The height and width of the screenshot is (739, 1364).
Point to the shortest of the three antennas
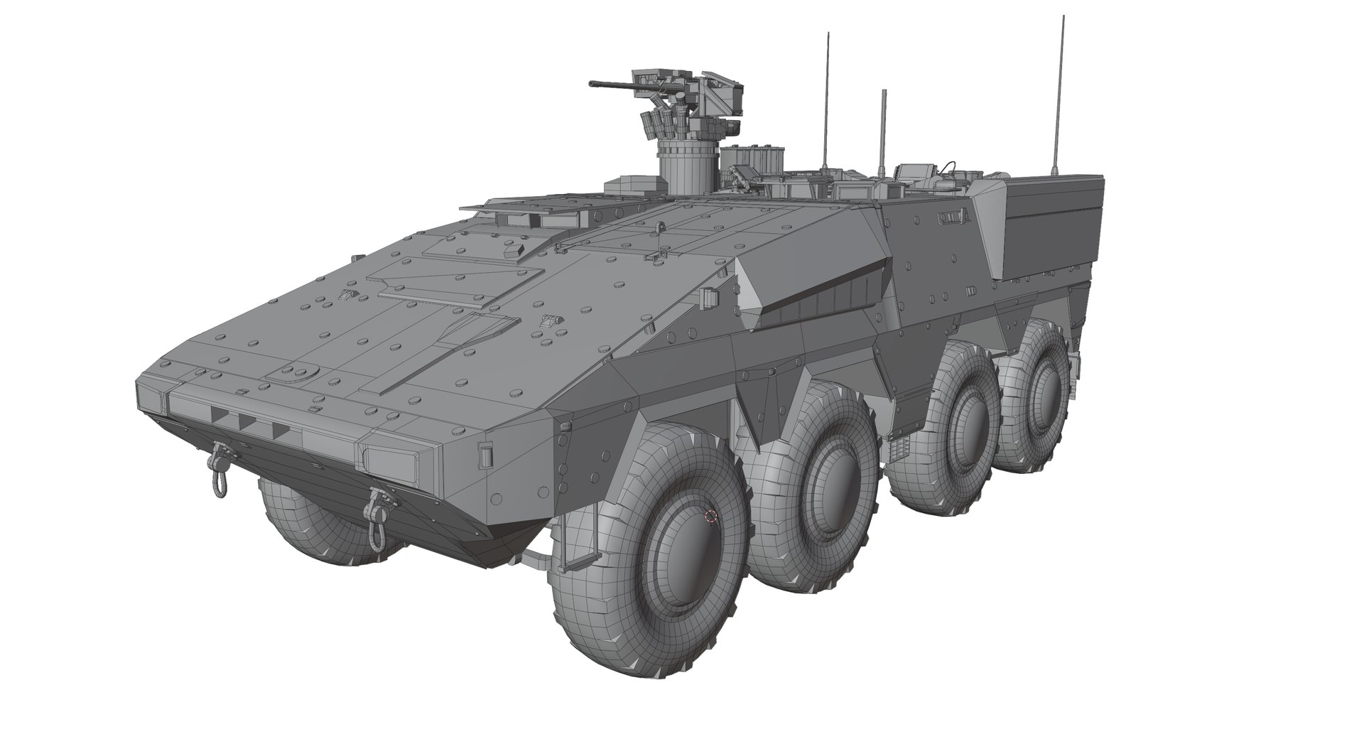click(883, 128)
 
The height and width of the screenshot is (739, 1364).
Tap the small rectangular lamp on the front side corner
click(486, 455)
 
